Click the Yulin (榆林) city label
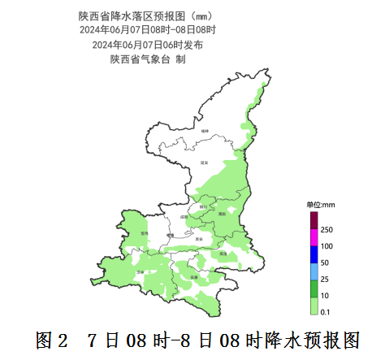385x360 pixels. coord(205,130)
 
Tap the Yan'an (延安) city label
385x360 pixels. coord(204,163)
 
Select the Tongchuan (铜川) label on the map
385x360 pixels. coord(202,207)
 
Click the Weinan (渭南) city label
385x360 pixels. coord(221,214)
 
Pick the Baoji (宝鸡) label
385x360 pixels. coord(145,232)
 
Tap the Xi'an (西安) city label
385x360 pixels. coord(201,239)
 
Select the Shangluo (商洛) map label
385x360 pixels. coord(222,254)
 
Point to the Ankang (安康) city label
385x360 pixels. coord(194,277)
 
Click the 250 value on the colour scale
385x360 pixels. coord(327,231)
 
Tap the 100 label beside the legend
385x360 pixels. coord(327,246)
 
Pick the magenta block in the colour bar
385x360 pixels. coord(314,238)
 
